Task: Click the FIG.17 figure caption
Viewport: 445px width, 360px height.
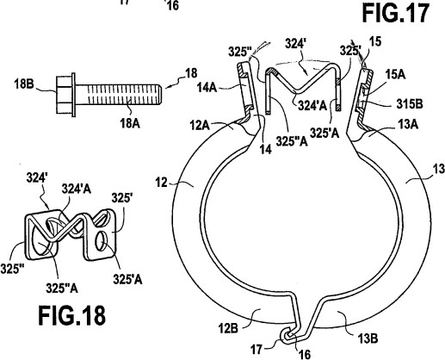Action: tap(396, 13)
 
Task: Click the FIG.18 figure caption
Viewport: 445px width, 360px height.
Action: tap(72, 315)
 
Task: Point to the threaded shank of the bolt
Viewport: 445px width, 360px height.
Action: tap(119, 95)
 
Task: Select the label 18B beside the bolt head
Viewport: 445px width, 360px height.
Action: tap(24, 84)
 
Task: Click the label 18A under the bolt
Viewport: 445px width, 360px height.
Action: tap(130, 123)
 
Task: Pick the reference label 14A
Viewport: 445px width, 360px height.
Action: tap(207, 87)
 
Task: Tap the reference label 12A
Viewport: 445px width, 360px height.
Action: tap(200, 126)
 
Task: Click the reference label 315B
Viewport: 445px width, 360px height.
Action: tap(410, 104)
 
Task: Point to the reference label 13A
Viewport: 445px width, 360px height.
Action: tap(408, 125)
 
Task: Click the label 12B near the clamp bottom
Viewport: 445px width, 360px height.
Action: tap(228, 328)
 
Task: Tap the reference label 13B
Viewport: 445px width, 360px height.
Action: tap(368, 338)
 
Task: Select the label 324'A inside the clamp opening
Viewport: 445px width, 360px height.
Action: tap(312, 106)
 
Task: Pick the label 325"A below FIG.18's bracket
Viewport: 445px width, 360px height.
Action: tap(62, 288)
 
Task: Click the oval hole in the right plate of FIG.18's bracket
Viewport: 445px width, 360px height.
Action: tap(102, 241)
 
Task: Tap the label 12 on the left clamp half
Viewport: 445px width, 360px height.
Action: tap(162, 183)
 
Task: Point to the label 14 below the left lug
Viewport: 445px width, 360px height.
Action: tap(265, 149)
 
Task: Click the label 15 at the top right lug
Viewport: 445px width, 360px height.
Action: tap(375, 41)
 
